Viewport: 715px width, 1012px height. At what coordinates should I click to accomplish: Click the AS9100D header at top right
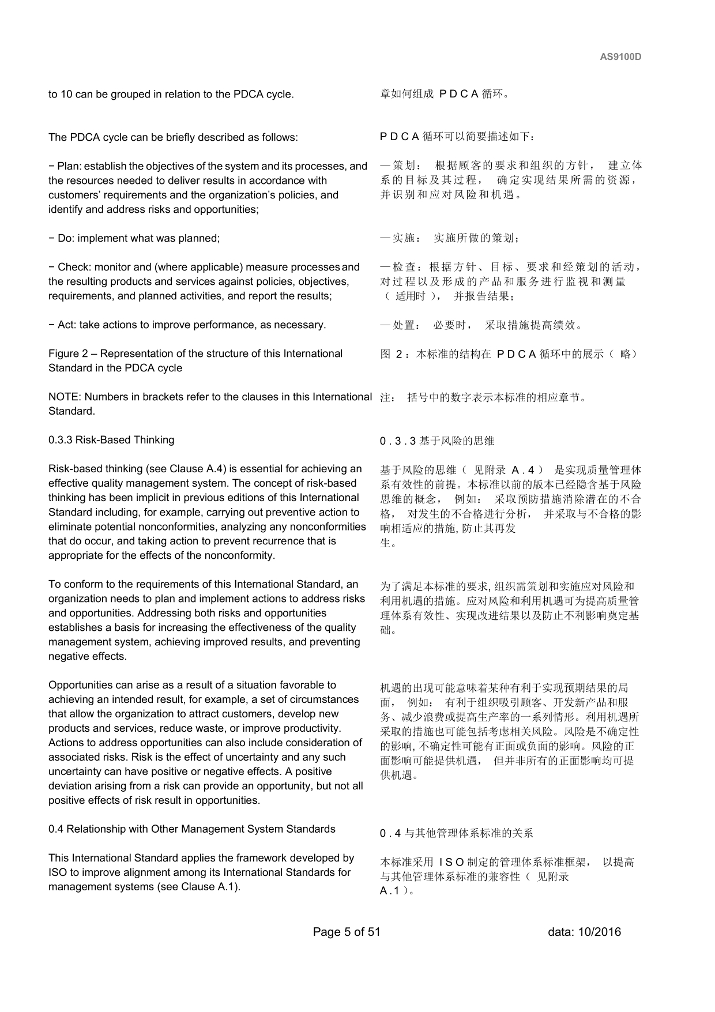[x=620, y=57]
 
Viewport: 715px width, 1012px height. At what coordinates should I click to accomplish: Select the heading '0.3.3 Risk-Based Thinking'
[x=111, y=440]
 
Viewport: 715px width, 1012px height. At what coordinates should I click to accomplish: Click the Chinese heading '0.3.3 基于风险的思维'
[x=437, y=441]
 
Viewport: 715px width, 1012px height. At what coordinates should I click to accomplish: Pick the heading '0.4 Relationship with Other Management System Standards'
[x=191, y=829]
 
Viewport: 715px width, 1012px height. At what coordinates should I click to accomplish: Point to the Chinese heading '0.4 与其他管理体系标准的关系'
[x=456, y=833]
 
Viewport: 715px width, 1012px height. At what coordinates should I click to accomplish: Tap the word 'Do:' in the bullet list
[x=66, y=238]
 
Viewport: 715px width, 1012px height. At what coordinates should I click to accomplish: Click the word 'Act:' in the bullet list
[x=67, y=325]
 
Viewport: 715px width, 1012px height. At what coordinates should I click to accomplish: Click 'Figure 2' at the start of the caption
[x=65, y=353]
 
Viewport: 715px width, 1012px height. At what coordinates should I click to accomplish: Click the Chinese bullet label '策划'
[x=402, y=166]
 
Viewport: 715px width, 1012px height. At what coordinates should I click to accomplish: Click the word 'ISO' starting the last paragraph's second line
[x=58, y=872]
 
